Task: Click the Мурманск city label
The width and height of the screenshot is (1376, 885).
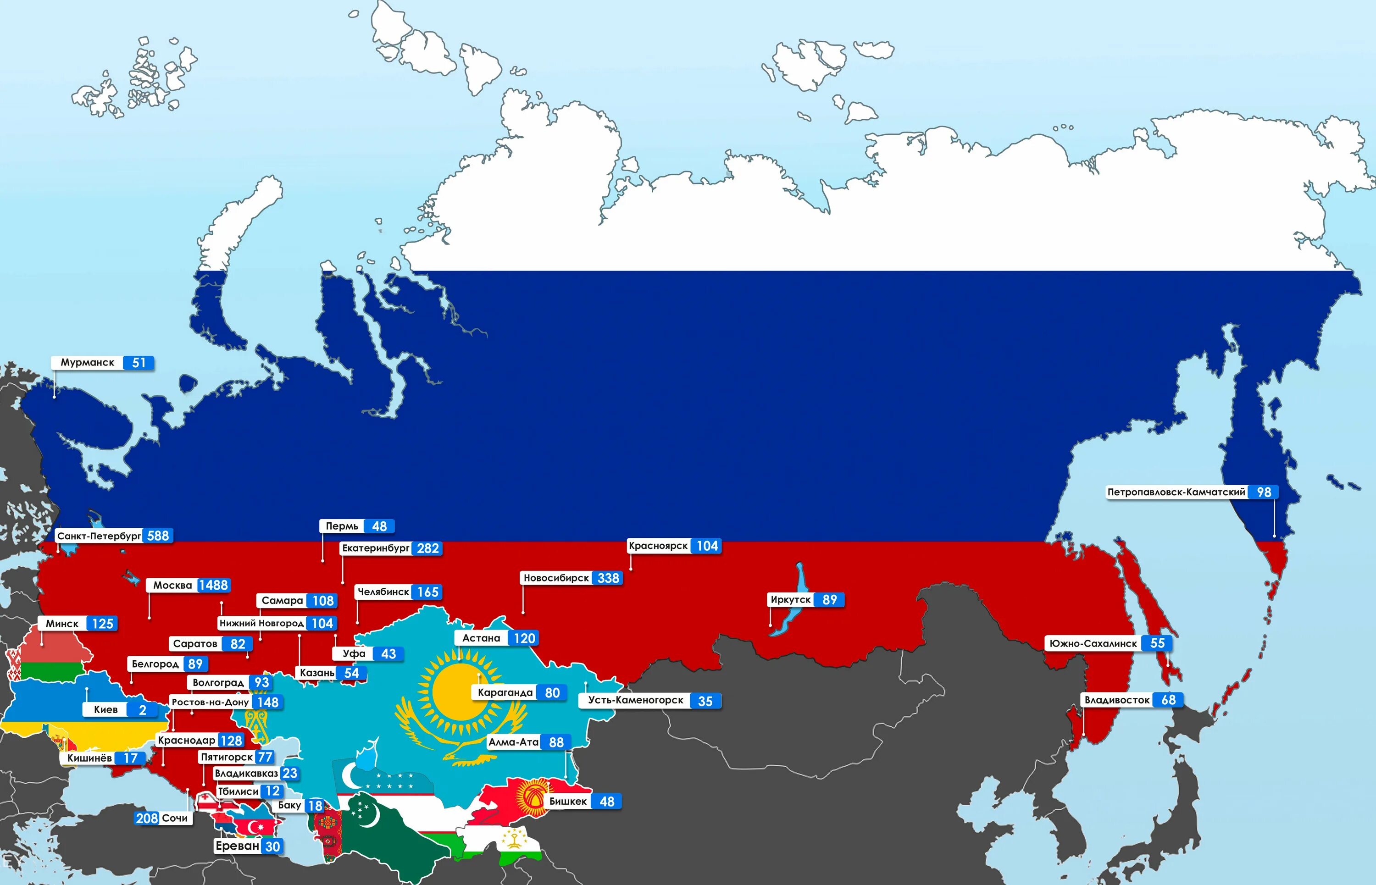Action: coord(87,363)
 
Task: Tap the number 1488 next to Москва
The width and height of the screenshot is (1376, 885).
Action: coord(213,586)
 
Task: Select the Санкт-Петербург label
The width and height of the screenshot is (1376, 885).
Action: coord(99,536)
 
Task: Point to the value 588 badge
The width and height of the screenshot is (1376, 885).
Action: coord(158,536)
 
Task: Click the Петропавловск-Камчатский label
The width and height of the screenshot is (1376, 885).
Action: coord(1176,492)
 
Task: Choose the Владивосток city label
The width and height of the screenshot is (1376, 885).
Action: coord(1117,700)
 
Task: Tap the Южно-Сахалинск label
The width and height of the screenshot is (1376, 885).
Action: coord(1093,644)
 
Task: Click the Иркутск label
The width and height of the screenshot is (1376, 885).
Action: coord(790,600)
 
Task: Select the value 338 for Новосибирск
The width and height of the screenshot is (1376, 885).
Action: coord(608,578)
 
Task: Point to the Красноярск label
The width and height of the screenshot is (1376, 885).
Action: coord(658,546)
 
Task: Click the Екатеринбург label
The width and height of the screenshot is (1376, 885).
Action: coord(375,548)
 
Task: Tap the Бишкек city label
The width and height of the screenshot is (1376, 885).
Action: coord(568,802)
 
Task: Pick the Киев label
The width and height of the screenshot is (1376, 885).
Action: coord(106,710)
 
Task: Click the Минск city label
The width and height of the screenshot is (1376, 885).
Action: coord(62,624)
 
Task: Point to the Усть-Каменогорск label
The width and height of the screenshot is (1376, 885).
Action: coord(635,701)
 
